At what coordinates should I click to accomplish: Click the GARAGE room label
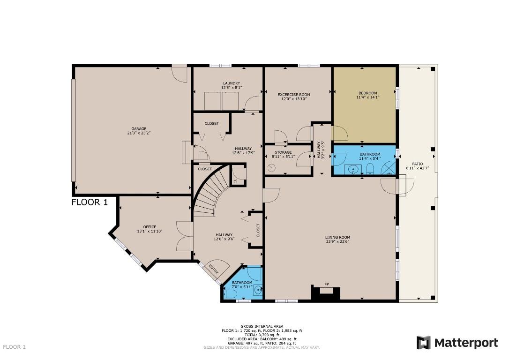click(x=139, y=129)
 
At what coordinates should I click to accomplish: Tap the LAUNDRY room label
click(x=232, y=83)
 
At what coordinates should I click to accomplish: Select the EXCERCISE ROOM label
click(x=294, y=95)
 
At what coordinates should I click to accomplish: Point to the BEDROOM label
click(x=368, y=93)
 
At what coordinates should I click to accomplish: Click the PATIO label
click(x=418, y=164)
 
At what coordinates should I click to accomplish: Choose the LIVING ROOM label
click(x=337, y=237)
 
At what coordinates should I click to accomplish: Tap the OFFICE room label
click(x=150, y=227)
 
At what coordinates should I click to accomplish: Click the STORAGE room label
click(x=284, y=152)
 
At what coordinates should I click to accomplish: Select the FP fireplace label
click(x=327, y=285)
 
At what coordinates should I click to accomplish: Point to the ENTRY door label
click(x=214, y=269)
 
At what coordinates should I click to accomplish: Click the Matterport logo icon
click(x=424, y=343)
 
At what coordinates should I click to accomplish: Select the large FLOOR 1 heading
click(x=90, y=202)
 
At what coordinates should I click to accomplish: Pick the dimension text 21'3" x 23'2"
click(x=139, y=133)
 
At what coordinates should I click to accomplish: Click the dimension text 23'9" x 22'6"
click(x=337, y=241)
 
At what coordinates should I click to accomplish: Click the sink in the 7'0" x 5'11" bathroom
click(x=258, y=290)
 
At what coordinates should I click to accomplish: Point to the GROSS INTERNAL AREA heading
click(x=262, y=326)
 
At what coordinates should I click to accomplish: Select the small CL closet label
click(x=235, y=181)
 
